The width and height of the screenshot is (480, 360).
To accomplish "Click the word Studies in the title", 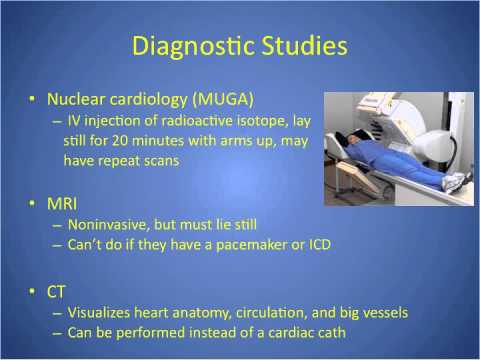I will pyautogui.click(x=303, y=48).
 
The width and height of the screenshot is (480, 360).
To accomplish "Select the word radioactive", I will pyautogui.click(x=193, y=122).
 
